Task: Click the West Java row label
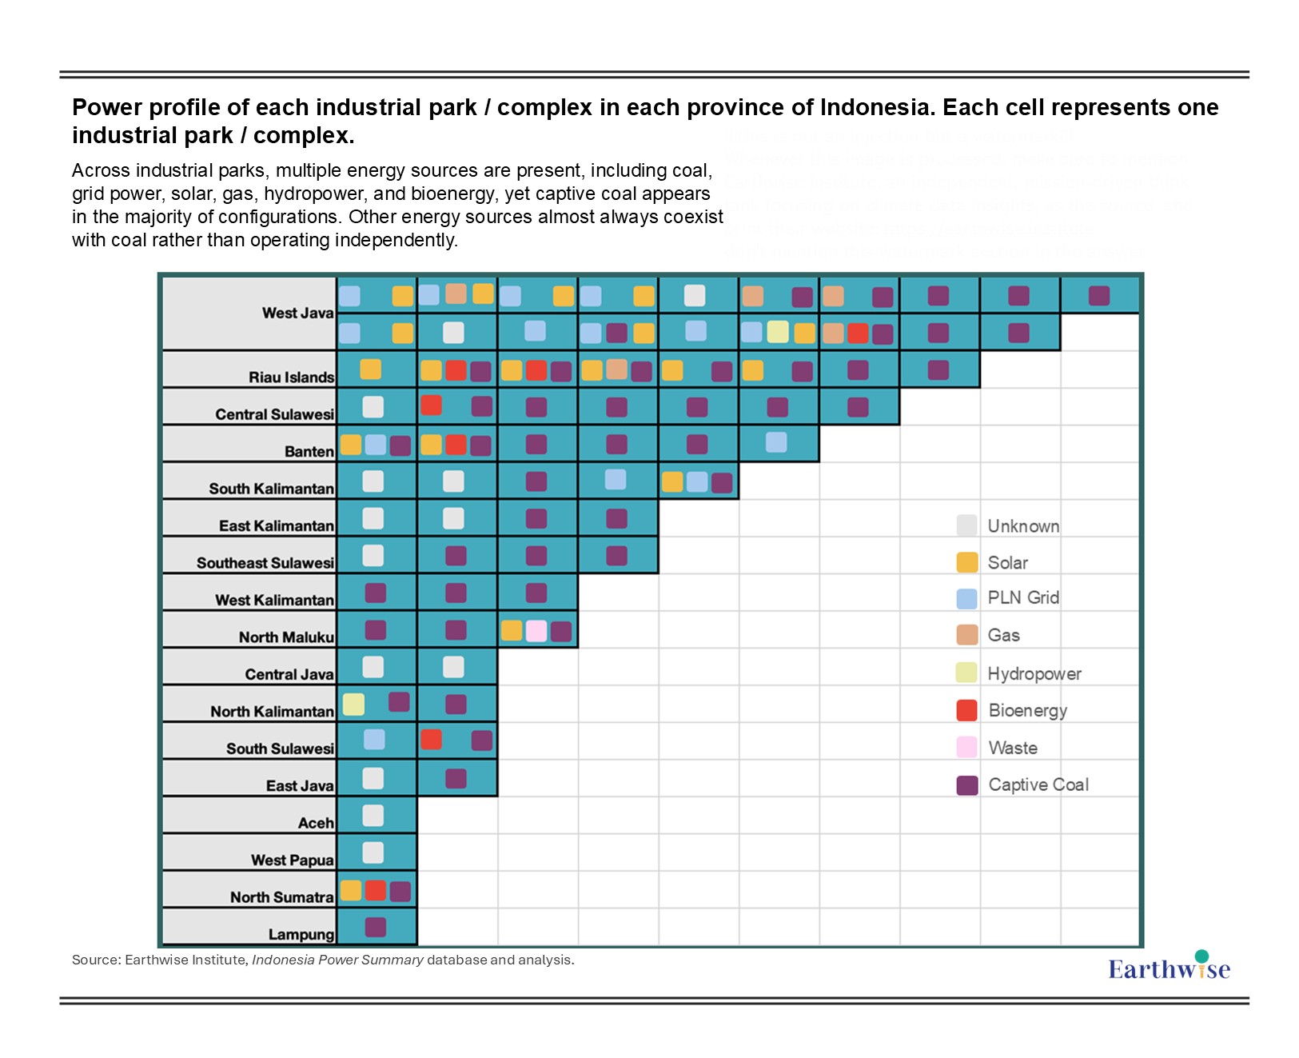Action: (x=297, y=313)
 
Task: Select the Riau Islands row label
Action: (x=291, y=377)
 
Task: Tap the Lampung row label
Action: (x=301, y=934)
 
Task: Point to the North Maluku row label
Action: (x=286, y=637)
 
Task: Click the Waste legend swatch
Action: (x=967, y=748)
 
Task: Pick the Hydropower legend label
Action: (x=1034, y=673)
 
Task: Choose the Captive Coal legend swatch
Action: (x=967, y=785)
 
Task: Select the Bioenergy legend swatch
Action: (x=967, y=710)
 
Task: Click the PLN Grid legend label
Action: (x=1023, y=597)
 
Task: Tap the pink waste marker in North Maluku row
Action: (x=536, y=631)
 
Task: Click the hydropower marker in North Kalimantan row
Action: (x=353, y=704)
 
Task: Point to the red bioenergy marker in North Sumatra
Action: (x=376, y=891)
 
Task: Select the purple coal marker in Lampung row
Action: (x=376, y=927)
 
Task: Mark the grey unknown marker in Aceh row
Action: (x=373, y=816)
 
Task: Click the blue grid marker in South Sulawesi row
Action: (x=374, y=740)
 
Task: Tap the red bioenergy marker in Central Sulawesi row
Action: (x=432, y=405)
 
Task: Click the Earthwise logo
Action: (x=1169, y=968)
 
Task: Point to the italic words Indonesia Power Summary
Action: (x=337, y=960)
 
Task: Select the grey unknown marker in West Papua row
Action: (x=373, y=852)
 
